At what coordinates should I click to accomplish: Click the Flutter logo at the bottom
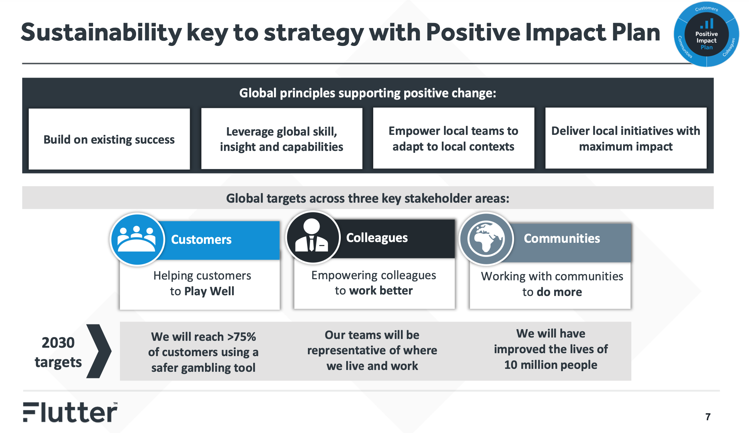[70, 412]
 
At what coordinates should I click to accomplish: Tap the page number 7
[708, 417]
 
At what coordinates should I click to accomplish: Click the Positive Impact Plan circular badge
[706, 34]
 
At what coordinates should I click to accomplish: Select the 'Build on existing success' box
[109, 139]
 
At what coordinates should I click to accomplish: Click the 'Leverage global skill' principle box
[282, 139]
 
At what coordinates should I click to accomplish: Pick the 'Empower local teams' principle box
[453, 138]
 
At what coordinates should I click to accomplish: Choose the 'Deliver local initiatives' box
[626, 138]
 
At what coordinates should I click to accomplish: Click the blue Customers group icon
[137, 239]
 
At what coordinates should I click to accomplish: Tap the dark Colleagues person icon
[313, 238]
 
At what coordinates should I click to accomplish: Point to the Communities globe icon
[486, 239]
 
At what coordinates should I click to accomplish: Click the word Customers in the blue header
[201, 239]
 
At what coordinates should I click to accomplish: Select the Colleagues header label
[377, 238]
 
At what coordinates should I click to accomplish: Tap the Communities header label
[562, 238]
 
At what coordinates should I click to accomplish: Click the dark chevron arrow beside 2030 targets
[99, 351]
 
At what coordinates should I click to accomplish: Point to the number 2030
[58, 343]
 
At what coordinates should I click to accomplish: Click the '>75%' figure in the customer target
[242, 336]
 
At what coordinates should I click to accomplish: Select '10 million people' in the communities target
[551, 365]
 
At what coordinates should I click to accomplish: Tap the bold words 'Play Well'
[209, 291]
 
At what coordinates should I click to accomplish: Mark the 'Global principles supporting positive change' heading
[368, 93]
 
